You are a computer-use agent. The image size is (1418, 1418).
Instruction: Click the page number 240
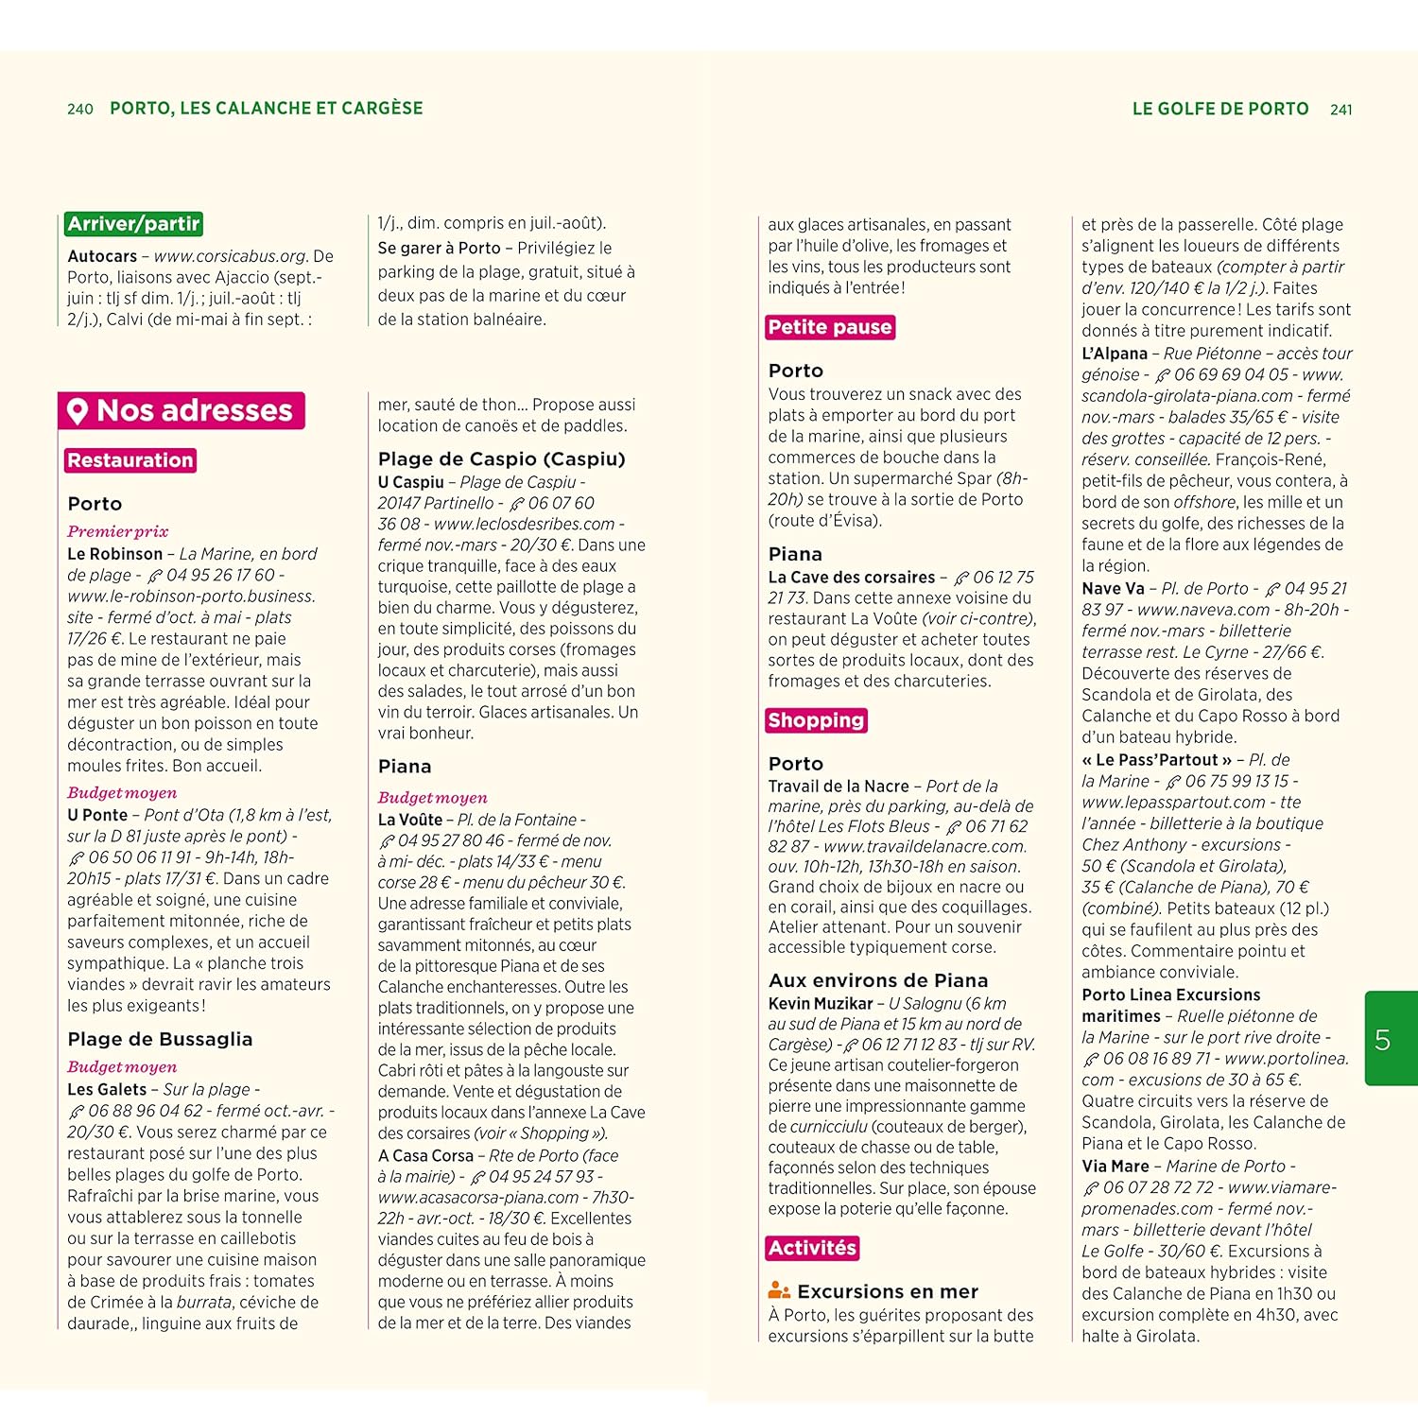80,110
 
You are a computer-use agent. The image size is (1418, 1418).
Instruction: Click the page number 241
1340,110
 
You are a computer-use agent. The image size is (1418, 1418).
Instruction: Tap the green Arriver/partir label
133,224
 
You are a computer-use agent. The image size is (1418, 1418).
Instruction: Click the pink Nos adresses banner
182,410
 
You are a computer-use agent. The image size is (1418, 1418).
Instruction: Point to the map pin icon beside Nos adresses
78,411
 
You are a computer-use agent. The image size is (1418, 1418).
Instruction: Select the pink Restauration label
130,460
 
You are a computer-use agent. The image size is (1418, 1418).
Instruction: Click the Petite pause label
830,327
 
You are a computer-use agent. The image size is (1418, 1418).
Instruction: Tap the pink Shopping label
816,720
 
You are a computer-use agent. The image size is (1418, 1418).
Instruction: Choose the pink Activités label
812,1248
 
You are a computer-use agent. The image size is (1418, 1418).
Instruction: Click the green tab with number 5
1391,1039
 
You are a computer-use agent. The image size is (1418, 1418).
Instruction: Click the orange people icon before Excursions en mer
779,1290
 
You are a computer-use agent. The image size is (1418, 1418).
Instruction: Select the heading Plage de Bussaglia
160,1039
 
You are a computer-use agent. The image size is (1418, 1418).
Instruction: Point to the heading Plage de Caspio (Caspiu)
501,459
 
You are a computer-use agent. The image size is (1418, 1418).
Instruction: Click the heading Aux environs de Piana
878,980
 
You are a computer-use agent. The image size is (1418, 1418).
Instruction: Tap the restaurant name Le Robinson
114,554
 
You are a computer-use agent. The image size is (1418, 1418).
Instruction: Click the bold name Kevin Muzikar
821,1003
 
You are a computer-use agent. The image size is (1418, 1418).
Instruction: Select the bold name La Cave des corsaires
851,577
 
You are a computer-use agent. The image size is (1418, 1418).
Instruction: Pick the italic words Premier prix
117,531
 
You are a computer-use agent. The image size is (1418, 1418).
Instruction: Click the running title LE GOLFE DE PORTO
1219,109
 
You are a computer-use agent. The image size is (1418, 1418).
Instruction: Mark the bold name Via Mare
1115,1167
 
